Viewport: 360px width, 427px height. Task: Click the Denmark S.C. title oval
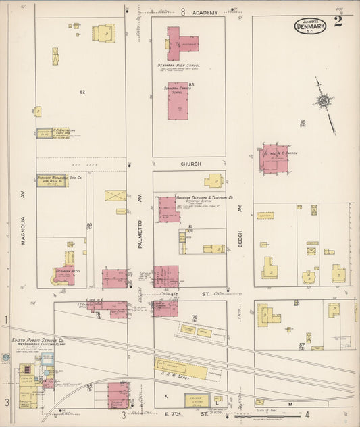pos(310,26)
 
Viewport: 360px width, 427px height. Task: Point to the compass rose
pos(324,101)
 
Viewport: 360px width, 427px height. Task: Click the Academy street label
pos(205,13)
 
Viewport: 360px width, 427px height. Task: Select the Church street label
pos(190,164)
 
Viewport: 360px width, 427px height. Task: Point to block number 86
pos(303,122)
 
